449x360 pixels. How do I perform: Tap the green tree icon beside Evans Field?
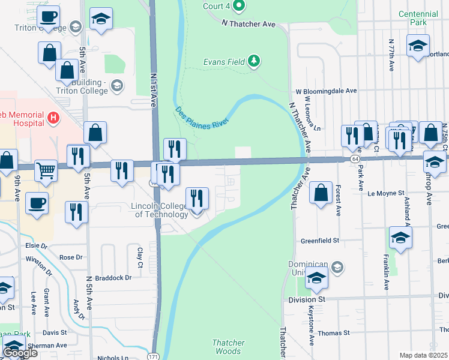pyautogui.click(x=255, y=61)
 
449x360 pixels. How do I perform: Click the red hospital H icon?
pyautogui.click(x=53, y=118)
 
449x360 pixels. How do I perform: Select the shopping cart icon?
pyautogui.click(x=46, y=171)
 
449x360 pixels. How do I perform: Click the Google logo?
pyautogui.click(x=20, y=353)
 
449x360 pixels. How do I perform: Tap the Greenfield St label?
pyautogui.click(x=320, y=241)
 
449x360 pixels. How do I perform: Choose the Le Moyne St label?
pyautogui.click(x=387, y=193)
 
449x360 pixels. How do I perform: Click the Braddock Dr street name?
pyautogui.click(x=111, y=278)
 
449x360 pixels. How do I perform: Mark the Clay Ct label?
pyautogui.click(x=140, y=257)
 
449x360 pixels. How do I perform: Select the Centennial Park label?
pyautogui.click(x=418, y=17)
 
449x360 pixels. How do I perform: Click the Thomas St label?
pyautogui.click(x=333, y=333)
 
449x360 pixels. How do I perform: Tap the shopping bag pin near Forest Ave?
pyautogui.click(x=322, y=193)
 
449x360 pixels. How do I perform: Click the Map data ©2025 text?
pyautogui.click(x=423, y=355)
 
